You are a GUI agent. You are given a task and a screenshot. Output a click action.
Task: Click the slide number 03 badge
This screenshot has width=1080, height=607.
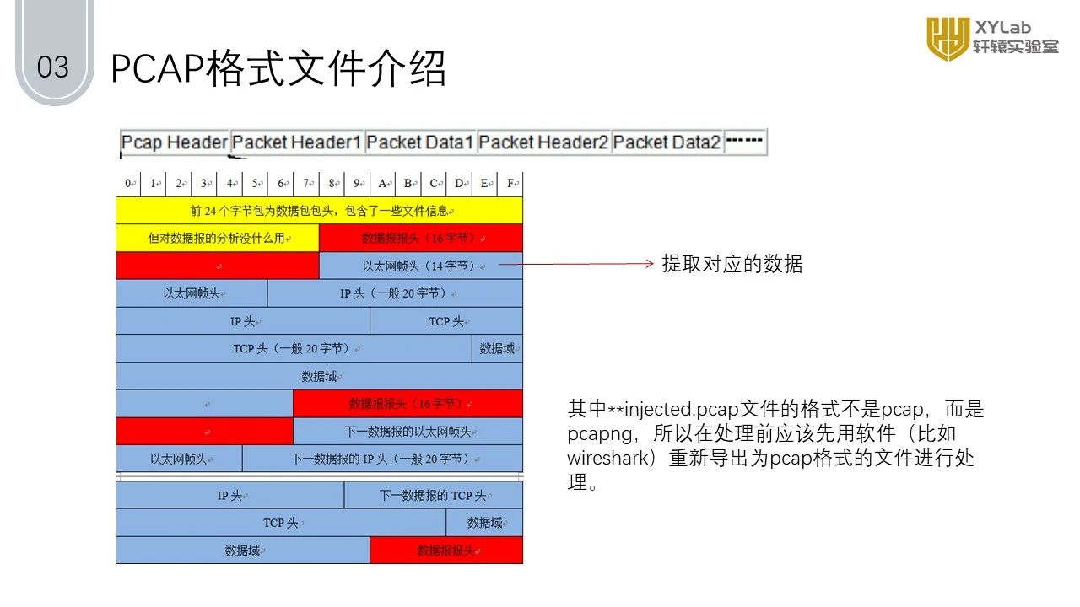click(53, 67)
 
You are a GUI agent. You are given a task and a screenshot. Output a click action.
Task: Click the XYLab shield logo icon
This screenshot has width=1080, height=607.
click(947, 38)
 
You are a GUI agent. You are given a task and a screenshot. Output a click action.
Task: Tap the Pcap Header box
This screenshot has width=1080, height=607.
click(175, 142)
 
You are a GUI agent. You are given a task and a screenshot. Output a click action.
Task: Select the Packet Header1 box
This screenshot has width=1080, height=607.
click(297, 142)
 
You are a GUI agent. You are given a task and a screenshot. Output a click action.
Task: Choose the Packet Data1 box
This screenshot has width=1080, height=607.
click(420, 142)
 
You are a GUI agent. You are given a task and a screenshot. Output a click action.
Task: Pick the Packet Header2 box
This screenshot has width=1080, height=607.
click(543, 142)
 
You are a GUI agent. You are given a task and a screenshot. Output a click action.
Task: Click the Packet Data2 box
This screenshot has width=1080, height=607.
click(667, 142)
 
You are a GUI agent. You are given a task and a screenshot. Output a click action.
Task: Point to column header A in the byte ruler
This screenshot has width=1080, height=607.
click(383, 183)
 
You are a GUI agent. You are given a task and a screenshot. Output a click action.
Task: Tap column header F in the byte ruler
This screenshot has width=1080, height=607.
click(510, 183)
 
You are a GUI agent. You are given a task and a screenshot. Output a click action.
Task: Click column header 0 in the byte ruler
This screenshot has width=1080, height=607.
click(128, 183)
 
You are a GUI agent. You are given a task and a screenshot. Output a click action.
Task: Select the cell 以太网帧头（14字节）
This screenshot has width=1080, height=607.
click(420, 266)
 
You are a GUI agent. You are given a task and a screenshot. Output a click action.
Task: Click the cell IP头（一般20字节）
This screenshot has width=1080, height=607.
click(394, 293)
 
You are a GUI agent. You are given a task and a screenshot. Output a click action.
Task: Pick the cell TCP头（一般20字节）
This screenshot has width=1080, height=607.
click(294, 348)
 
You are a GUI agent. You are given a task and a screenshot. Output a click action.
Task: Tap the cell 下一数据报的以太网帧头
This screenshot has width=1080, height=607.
click(408, 432)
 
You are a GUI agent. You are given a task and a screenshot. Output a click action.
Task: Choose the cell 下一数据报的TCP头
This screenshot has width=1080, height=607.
click(433, 495)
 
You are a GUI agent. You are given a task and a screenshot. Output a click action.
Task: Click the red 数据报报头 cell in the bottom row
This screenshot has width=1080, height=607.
click(446, 551)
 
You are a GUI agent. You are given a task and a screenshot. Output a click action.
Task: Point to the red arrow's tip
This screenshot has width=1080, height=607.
click(652, 264)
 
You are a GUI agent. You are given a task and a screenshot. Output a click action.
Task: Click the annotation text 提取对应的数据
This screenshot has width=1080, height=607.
click(732, 264)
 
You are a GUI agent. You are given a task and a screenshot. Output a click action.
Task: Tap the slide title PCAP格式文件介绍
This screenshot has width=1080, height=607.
click(278, 68)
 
